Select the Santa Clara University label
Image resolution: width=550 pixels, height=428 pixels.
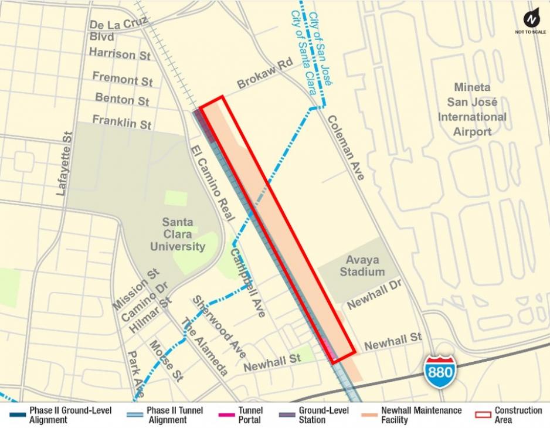[x=177, y=234]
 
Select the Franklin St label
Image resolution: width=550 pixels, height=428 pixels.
[x=122, y=121]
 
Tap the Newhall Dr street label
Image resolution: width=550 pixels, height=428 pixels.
[x=373, y=295]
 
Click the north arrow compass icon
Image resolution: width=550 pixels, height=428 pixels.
[x=531, y=20]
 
